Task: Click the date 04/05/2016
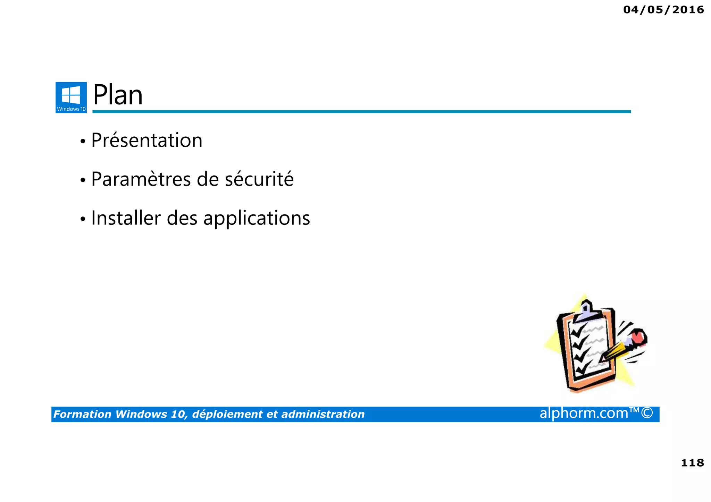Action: [x=663, y=10]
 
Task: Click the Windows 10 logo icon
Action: [x=71, y=97]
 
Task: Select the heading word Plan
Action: [x=118, y=95]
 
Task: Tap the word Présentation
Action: [x=147, y=141]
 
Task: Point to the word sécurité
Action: [x=259, y=179]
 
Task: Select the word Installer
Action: [x=126, y=218]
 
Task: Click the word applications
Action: [x=257, y=219]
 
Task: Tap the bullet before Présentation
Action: [x=83, y=142]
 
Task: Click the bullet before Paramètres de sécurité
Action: [x=83, y=180]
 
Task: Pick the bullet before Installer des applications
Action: [x=83, y=219]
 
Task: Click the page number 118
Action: [x=692, y=463]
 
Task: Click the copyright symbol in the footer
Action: [x=647, y=413]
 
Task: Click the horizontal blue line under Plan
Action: [x=361, y=111]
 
